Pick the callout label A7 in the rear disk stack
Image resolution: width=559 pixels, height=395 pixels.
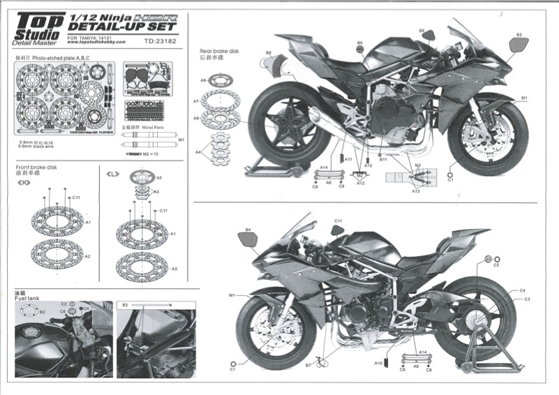[x=196, y=102]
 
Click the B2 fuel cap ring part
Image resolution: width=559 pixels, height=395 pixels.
[x=32, y=312]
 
